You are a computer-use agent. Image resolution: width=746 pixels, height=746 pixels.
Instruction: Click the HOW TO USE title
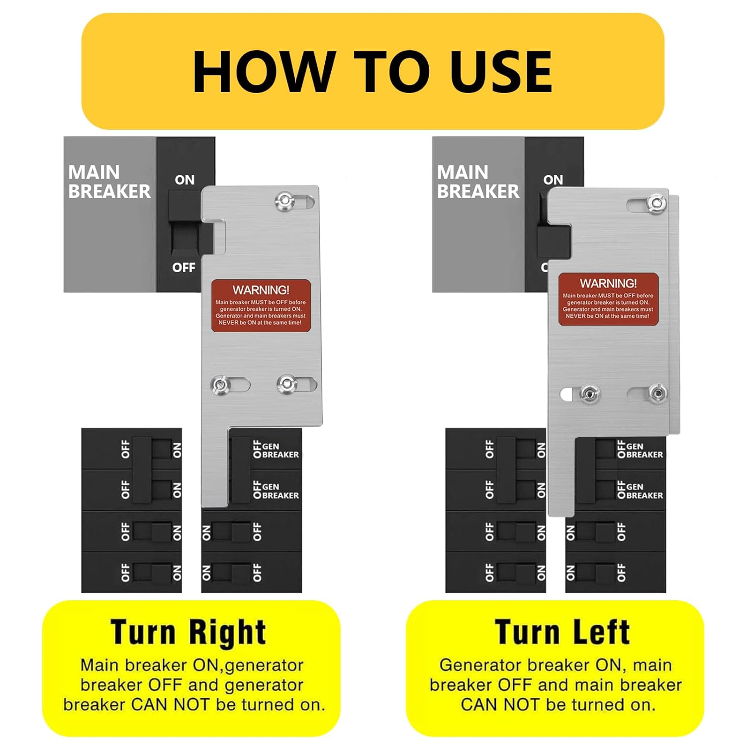(x=373, y=72)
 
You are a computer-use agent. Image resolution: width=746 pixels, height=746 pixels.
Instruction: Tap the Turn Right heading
(x=188, y=632)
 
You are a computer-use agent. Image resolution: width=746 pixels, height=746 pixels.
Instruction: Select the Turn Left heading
(x=562, y=632)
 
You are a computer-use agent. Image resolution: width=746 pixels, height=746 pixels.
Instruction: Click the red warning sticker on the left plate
(x=261, y=305)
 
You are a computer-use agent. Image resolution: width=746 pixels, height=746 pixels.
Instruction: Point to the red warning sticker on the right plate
(x=608, y=299)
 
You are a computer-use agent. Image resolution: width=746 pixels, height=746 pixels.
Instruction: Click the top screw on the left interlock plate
(x=285, y=201)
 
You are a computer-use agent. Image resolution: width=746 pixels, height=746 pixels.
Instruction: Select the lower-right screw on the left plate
(x=287, y=384)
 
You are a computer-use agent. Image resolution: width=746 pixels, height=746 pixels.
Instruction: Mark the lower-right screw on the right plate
(x=657, y=393)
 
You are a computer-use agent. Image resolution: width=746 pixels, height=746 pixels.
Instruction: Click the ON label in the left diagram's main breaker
(x=185, y=180)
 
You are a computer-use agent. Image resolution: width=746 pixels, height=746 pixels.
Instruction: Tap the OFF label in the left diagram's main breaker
(x=184, y=268)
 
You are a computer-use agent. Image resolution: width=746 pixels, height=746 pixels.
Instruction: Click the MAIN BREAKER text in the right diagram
(x=478, y=182)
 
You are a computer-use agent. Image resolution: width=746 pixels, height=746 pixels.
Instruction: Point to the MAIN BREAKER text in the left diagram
(x=109, y=182)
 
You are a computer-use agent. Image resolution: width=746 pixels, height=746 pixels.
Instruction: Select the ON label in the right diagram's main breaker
(x=553, y=180)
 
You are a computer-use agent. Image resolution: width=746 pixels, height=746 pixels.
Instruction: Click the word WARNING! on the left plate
(x=261, y=290)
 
